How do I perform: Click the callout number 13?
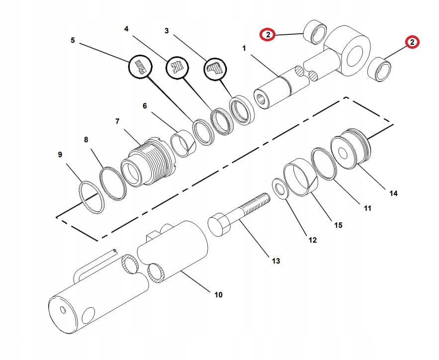276,261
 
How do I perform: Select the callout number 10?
218,295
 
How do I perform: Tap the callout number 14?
393,193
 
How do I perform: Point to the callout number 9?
60,155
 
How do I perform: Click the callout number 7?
117,121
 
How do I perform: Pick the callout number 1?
244,48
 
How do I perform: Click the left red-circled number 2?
268,34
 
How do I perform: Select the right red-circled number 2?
412,42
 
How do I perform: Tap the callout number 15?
338,225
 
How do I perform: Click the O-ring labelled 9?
92,197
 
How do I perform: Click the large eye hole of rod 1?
354,53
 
